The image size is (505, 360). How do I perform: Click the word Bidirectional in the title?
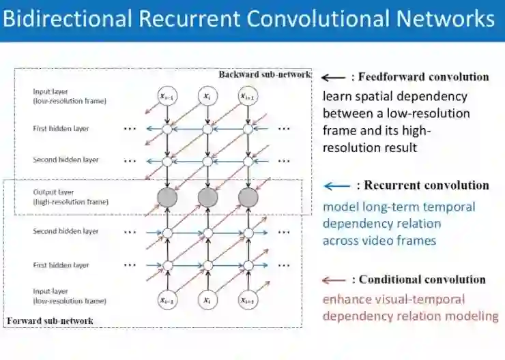68,18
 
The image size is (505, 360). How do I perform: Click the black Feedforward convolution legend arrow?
334,77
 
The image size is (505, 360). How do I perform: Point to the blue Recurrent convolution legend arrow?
337,185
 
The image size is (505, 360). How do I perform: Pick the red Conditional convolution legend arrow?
334,280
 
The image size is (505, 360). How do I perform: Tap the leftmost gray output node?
167,198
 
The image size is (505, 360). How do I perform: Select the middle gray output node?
207,198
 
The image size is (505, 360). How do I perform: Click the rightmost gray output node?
248,198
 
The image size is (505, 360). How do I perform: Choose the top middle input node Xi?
207,96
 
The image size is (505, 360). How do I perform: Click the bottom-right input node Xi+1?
248,299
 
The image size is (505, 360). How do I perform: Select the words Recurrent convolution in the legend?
427,185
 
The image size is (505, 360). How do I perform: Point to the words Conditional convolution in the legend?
422,280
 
